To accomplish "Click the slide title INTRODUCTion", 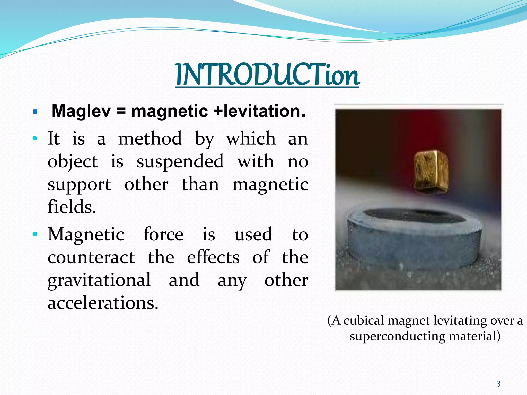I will pos(267,75).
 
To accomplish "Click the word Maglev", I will pos(81,111).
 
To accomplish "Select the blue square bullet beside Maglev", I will pos(35,112).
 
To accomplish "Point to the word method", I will pos(150,139).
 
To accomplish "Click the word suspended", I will pos(180,161).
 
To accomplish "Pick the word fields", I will pos(72,207).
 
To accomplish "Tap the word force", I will pos(163,234).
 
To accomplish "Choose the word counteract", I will pos(91,257).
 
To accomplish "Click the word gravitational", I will pos(99,280).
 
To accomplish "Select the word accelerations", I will pos(103,303).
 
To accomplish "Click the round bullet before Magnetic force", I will pos(35,234).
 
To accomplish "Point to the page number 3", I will pos(498,384).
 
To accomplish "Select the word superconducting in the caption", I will pos(397,336).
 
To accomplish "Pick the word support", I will pos(79,185).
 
